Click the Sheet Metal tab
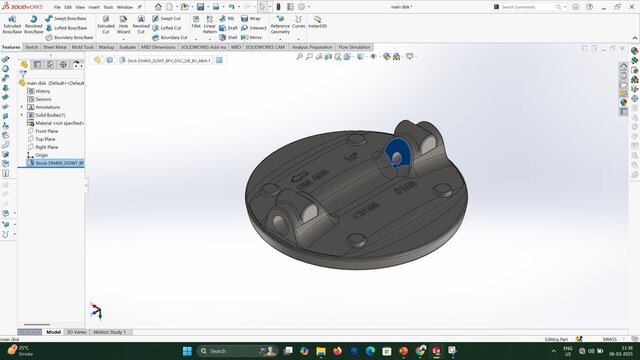[x=55, y=47]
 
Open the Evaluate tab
[x=128, y=47]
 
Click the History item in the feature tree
[x=43, y=91]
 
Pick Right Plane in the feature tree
[x=46, y=147]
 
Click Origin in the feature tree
[x=41, y=155]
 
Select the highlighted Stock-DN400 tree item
[x=59, y=163]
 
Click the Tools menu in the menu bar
[x=107, y=7]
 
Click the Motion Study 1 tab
[x=110, y=332]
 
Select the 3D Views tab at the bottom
[x=77, y=332]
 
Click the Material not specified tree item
[x=59, y=123]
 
